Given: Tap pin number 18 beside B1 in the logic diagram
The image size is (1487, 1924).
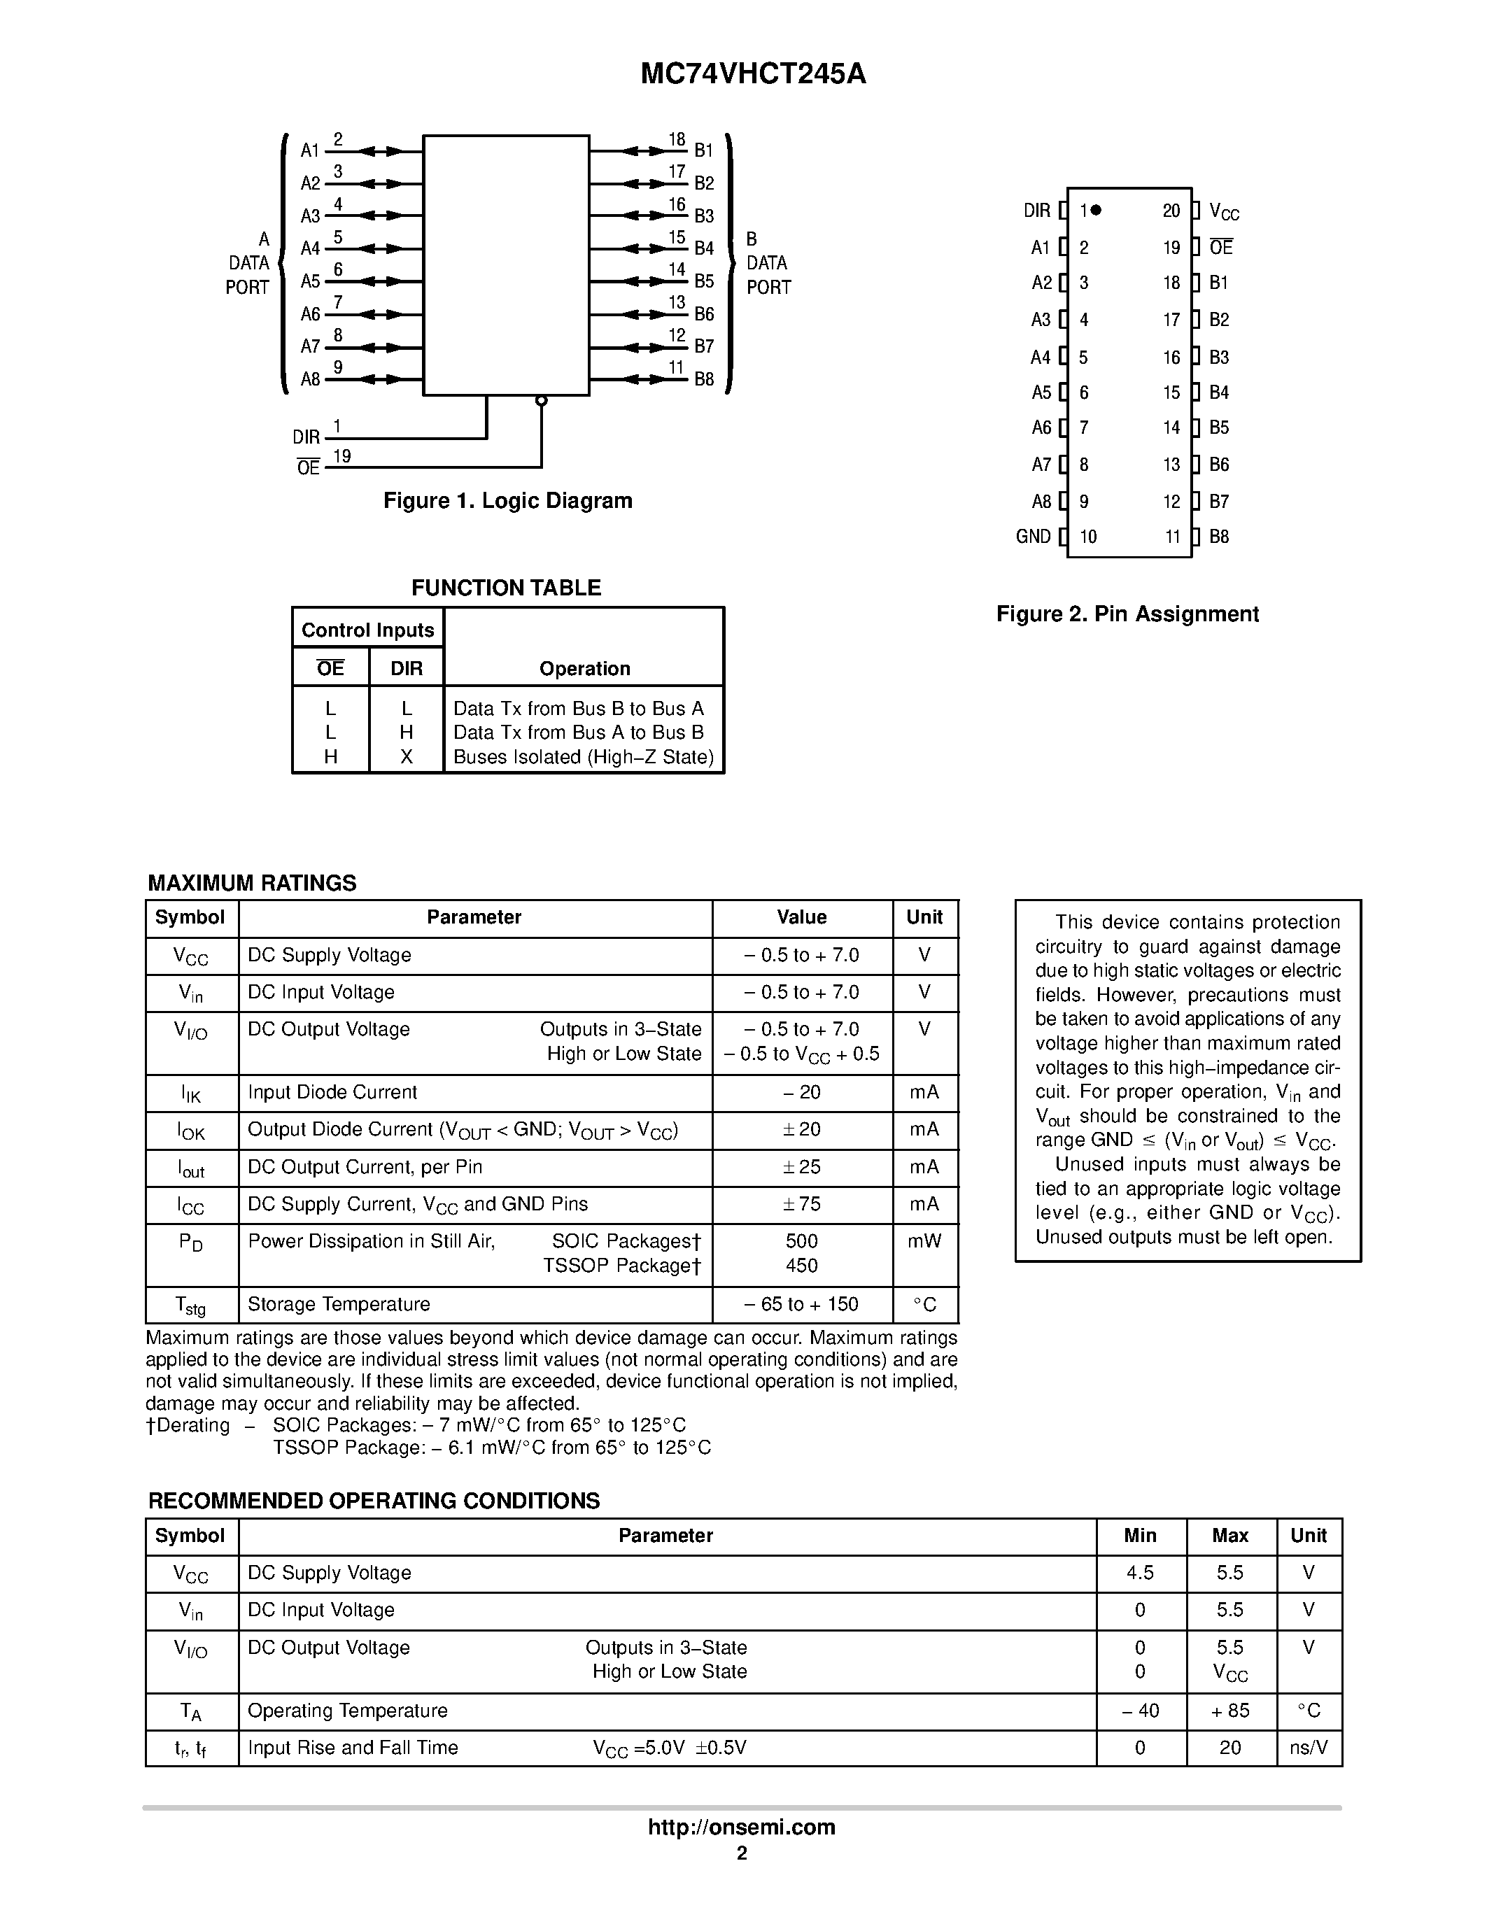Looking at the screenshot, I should tap(677, 139).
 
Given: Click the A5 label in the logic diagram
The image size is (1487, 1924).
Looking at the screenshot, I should tap(310, 281).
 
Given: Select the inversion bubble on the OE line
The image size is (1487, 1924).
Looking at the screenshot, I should tap(541, 401).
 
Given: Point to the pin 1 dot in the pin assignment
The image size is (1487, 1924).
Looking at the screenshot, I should tap(1096, 210).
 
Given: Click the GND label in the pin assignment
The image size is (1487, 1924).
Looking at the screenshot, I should tap(1034, 537).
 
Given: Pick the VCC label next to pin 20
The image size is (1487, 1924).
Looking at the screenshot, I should tap(1224, 211).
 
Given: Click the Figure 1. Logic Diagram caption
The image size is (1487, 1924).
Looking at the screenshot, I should tap(507, 500).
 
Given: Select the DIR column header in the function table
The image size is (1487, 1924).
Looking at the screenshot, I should tap(406, 669).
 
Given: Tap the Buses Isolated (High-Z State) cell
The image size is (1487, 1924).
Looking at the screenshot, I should tap(583, 757).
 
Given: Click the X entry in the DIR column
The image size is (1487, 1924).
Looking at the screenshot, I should tap(406, 757).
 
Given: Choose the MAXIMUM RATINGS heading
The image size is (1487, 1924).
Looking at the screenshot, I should tap(252, 883).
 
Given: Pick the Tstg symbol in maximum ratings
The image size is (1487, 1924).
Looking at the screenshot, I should tap(190, 1306).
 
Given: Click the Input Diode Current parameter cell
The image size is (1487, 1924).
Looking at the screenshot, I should tap(332, 1091).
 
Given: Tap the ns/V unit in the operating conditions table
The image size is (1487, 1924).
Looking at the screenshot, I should tap(1308, 1748).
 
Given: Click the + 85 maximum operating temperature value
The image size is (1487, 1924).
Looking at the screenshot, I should tap(1229, 1710).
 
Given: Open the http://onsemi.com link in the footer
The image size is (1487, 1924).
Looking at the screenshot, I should tap(742, 1827).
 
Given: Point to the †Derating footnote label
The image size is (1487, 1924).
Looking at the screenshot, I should tap(188, 1425).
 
